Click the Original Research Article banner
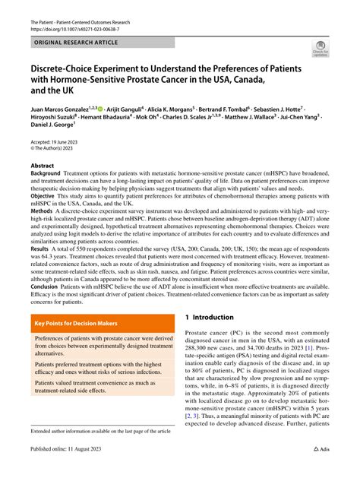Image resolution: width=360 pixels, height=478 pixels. [x=74, y=43]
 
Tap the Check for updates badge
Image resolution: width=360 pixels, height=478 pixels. [x=319, y=52]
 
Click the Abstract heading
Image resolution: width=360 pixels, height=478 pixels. [x=43, y=165]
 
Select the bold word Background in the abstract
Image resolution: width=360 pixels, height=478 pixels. [x=46, y=174]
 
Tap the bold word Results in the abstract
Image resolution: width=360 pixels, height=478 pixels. [x=42, y=249]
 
